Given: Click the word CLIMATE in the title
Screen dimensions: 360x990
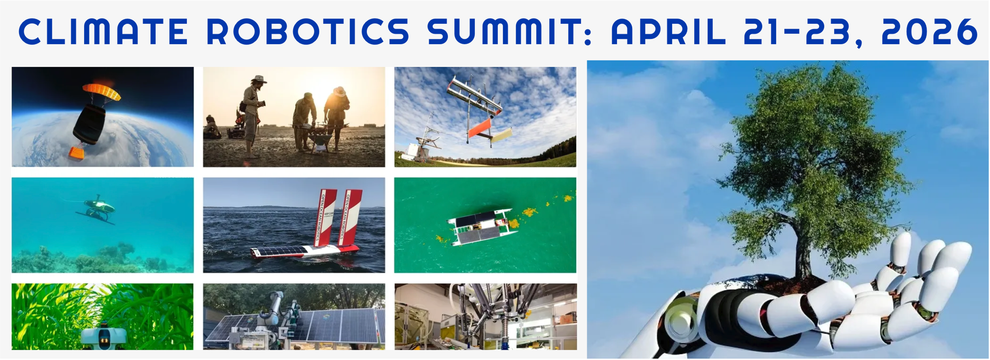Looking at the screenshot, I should [103, 31].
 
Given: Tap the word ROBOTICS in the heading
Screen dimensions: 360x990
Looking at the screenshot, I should [308, 31].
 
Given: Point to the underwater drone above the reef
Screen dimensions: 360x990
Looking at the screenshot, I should [98, 209].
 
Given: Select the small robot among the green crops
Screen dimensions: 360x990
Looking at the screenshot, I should [104, 338].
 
